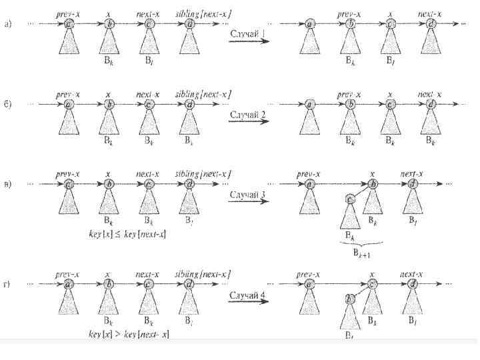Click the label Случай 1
click(249, 34)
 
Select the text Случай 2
click(249, 114)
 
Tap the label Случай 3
click(249, 195)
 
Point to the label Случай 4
click(249, 294)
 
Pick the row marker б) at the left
click(7, 105)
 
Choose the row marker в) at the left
click(7, 185)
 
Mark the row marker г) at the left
click(7, 283)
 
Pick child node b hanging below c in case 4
click(348, 298)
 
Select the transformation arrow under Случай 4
click(249, 303)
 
